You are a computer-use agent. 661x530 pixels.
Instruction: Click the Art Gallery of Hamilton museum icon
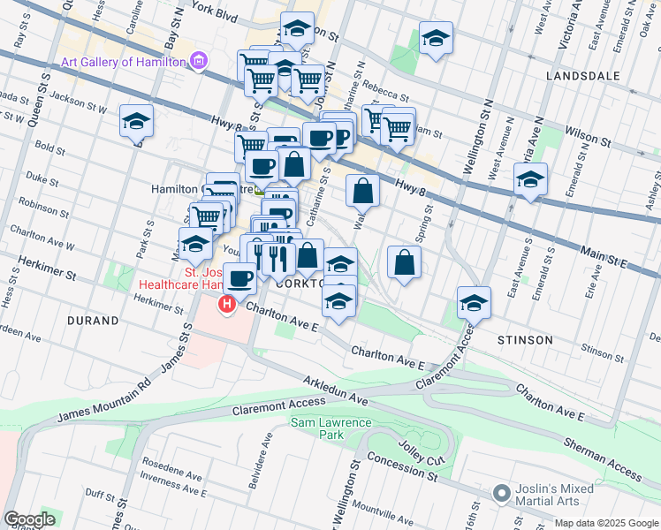[x=199, y=61]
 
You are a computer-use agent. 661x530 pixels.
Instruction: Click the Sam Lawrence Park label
[x=330, y=428]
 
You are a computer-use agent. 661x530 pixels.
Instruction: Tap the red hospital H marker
[x=227, y=304]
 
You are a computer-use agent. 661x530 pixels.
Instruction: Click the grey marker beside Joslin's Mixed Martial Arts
[x=502, y=491]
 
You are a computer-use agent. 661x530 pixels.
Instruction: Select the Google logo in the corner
[x=29, y=519]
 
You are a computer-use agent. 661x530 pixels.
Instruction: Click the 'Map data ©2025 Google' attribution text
[x=606, y=523]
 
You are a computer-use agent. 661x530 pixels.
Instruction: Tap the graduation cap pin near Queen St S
[x=137, y=122]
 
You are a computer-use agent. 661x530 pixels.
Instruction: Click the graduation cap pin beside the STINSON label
[x=474, y=303]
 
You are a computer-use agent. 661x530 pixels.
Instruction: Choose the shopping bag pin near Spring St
[x=404, y=262]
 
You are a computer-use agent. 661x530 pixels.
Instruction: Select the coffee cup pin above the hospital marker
[x=239, y=279]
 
